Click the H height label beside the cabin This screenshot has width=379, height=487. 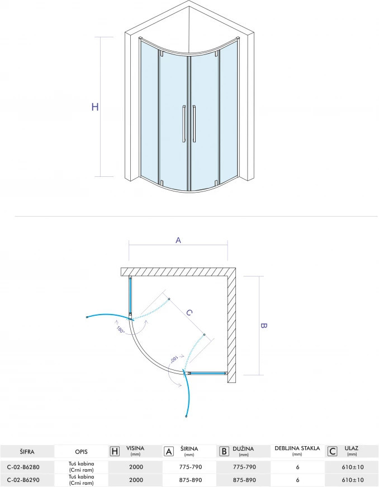(x=95, y=107)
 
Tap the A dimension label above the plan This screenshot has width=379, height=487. (x=178, y=240)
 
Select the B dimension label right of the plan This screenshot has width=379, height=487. (x=264, y=326)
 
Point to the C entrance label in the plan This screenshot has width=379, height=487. (x=189, y=313)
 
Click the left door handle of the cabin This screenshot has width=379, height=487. (x=183, y=124)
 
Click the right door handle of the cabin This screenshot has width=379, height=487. (x=195, y=124)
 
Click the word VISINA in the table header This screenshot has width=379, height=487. (x=135, y=448)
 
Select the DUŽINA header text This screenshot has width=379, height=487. (x=243, y=448)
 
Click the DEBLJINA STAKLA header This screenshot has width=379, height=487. (x=297, y=448)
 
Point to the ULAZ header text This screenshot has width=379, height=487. (x=352, y=448)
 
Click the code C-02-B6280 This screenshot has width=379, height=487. (x=23, y=466)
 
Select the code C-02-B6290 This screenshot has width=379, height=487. (x=23, y=480)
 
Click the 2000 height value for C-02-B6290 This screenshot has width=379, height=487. (x=135, y=480)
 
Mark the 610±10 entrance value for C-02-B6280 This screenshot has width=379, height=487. (x=352, y=466)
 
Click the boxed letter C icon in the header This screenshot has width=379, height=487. (x=332, y=451)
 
